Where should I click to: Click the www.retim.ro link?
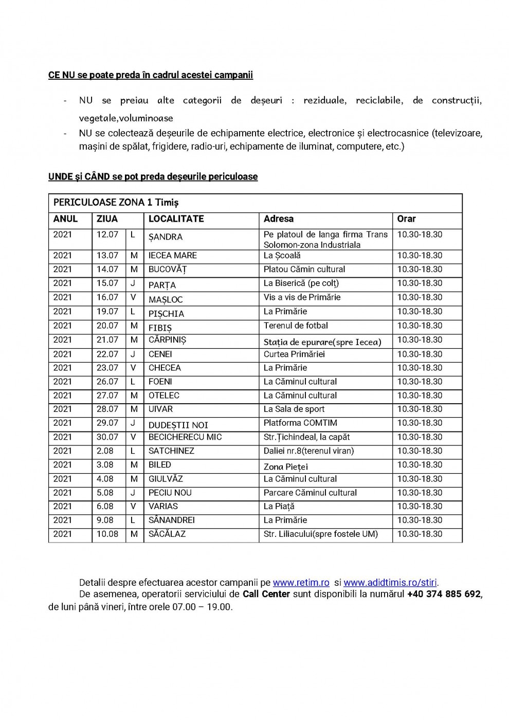click(x=301, y=583)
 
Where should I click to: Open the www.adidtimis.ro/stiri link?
click(x=390, y=583)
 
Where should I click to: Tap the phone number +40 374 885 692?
click(x=444, y=595)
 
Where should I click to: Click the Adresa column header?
click(x=279, y=219)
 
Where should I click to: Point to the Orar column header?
click(x=407, y=219)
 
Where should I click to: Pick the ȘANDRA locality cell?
click(x=166, y=237)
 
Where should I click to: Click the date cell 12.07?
click(x=107, y=235)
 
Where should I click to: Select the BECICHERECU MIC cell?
click(x=185, y=437)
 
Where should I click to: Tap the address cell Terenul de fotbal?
click(x=296, y=326)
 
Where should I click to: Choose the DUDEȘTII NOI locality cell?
click(x=178, y=425)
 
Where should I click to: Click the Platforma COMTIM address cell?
click(x=300, y=423)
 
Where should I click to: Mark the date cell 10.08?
click(x=107, y=534)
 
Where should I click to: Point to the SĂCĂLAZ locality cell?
click(x=167, y=534)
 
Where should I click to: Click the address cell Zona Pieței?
click(x=286, y=466)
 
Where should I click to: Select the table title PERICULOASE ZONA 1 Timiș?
click(x=116, y=203)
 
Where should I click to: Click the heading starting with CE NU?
click(x=151, y=75)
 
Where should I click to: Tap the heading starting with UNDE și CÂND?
click(x=153, y=177)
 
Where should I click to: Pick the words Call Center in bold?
click(x=266, y=595)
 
